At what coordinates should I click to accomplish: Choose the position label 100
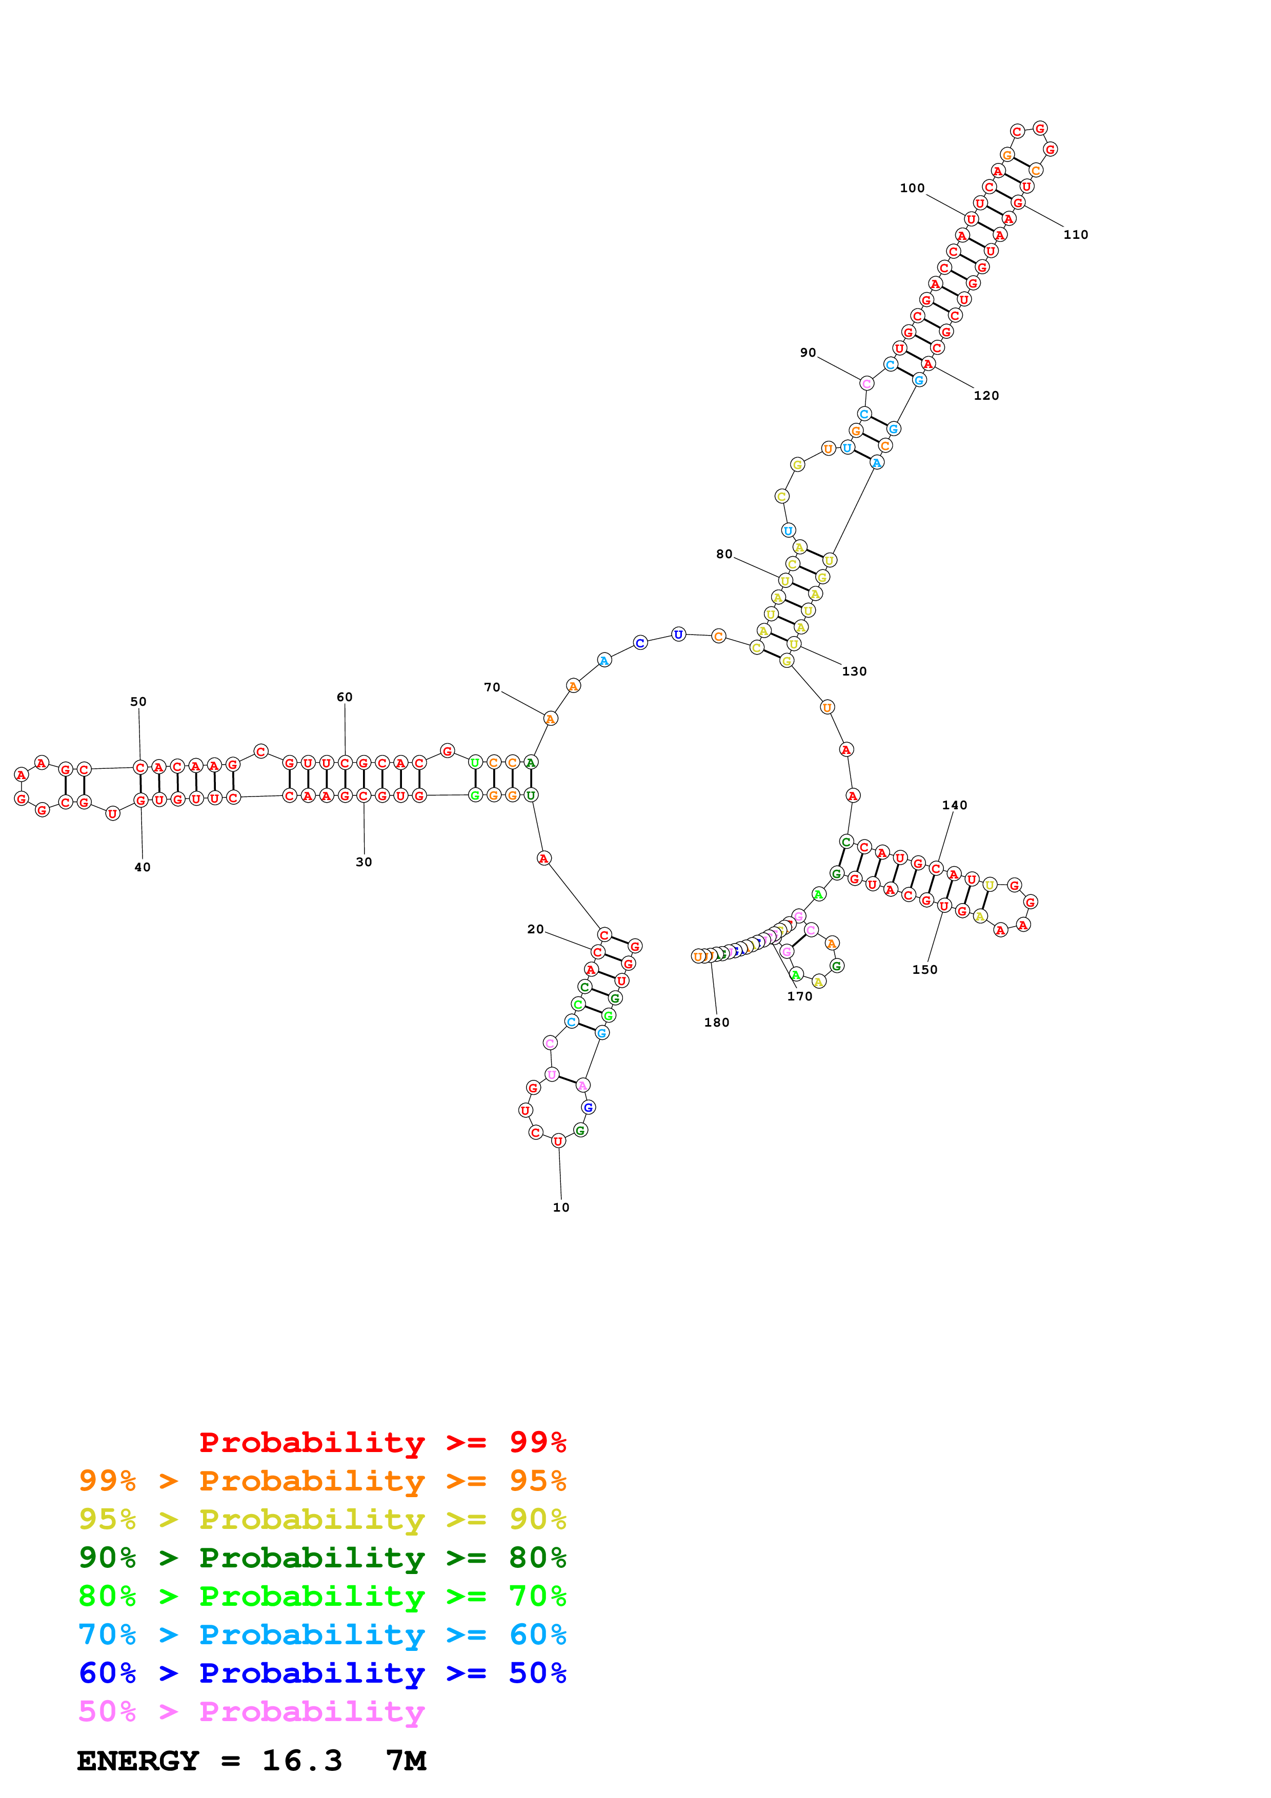point(912,188)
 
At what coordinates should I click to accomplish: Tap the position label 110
point(1075,234)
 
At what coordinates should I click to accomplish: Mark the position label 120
point(986,396)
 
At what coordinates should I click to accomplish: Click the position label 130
point(854,671)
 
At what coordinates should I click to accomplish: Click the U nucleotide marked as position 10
point(558,1141)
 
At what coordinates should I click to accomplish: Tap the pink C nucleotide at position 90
point(866,383)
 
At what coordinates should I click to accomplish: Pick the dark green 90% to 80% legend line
point(322,1558)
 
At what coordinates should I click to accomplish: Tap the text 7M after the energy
point(406,1761)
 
